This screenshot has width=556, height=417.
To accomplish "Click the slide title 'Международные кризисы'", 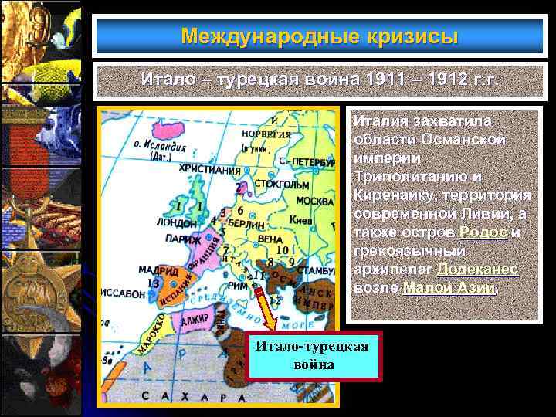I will click(x=319, y=36).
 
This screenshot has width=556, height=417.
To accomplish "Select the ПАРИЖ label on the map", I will click(x=186, y=239).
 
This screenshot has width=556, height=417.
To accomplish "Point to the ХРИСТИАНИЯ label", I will click(x=207, y=168).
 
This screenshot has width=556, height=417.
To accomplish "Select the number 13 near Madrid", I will click(x=154, y=283).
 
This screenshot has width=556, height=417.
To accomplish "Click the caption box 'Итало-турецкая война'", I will click(x=314, y=354).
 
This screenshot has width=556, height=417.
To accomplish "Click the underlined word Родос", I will click(x=483, y=232).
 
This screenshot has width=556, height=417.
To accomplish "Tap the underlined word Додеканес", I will click(x=477, y=270).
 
